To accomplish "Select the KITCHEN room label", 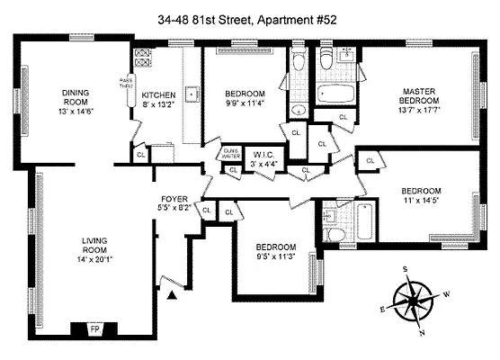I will pos(157,94).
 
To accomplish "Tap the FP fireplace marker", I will pos(94,329).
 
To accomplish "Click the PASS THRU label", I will pos(126,85).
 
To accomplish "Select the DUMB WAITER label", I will pos(231,153).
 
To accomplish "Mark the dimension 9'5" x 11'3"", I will pos(274,256).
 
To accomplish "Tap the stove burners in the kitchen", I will pos(141,63).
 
